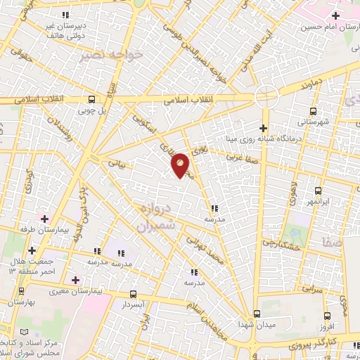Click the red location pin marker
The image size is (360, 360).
[181, 165]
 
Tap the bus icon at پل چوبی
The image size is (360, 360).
[92, 99]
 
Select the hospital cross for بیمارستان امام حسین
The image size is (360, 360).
[336, 15]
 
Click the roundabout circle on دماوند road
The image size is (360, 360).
[266, 96]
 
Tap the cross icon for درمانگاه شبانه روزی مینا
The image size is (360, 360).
[263, 128]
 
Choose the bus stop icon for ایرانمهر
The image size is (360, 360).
[319, 191]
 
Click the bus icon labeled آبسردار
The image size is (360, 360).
[133, 295]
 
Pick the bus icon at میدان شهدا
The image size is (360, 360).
[257, 314]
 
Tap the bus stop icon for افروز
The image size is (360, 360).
[327, 316]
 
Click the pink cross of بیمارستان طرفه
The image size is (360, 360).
[44, 219]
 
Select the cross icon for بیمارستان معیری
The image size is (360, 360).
[75, 280]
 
